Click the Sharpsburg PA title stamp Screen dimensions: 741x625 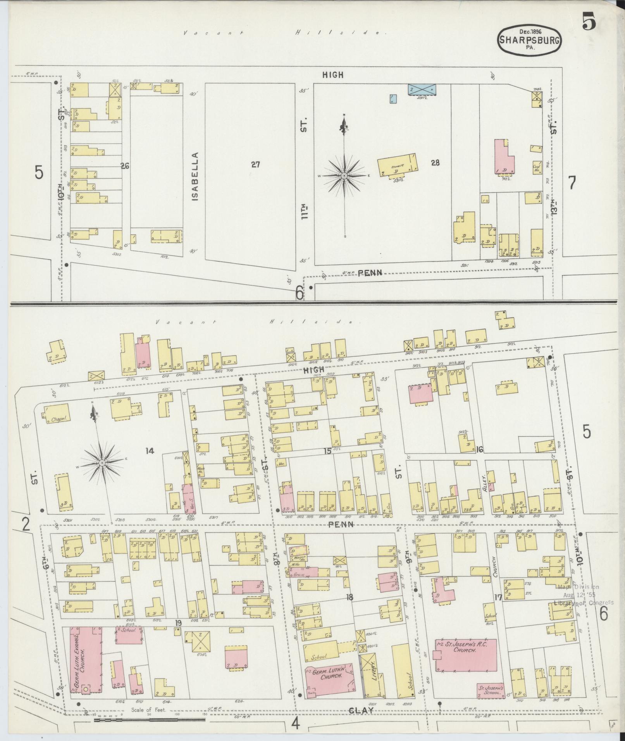pyautogui.click(x=529, y=40)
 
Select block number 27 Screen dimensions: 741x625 pyautogui.click(x=255, y=165)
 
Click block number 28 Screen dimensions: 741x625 pyautogui.click(x=435, y=163)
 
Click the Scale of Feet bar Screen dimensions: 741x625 pyautogui.click(x=150, y=720)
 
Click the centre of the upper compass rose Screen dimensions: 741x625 pyautogui.click(x=344, y=176)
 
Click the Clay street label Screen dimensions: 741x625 pyautogui.click(x=361, y=710)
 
